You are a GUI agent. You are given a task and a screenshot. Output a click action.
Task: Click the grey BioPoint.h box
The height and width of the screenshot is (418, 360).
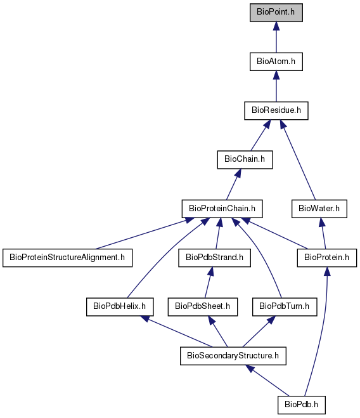276,13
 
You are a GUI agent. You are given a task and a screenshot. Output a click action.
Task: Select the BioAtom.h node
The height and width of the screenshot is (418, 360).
276,62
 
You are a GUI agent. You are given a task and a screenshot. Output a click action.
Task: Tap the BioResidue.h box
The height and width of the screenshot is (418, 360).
276,110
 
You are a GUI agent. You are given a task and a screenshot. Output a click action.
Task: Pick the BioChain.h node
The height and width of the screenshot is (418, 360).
245,160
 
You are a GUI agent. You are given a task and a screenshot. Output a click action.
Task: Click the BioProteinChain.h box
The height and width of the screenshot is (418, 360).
222,209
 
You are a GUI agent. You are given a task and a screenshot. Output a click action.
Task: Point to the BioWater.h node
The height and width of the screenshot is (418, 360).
319,209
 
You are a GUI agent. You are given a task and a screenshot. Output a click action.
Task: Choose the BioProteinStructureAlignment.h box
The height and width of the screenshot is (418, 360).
67,258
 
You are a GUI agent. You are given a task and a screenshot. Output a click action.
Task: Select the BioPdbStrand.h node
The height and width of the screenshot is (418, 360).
214,258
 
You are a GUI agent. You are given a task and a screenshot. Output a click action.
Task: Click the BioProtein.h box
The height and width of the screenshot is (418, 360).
326,258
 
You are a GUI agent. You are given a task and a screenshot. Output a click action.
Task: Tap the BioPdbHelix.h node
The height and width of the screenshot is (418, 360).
120,307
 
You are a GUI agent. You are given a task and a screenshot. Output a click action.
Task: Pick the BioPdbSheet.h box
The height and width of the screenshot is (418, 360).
203,307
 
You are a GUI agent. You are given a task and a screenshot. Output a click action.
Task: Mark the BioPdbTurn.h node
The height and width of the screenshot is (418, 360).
285,307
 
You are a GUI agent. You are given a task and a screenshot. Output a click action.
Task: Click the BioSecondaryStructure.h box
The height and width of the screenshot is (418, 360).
233,356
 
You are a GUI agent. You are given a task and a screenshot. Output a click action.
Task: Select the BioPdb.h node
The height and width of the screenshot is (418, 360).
302,405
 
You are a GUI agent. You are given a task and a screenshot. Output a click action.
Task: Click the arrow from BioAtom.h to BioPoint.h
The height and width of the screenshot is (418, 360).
276,37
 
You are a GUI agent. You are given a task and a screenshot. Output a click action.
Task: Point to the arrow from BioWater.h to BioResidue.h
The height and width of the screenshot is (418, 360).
298,160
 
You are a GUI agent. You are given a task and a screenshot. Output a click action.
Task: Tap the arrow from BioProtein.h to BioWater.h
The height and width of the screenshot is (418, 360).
323,233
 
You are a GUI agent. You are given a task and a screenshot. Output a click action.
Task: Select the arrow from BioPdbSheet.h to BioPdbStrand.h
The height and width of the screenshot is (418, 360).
208,282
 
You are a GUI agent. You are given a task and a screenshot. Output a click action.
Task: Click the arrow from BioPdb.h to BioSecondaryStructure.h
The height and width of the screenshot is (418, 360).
267,381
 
